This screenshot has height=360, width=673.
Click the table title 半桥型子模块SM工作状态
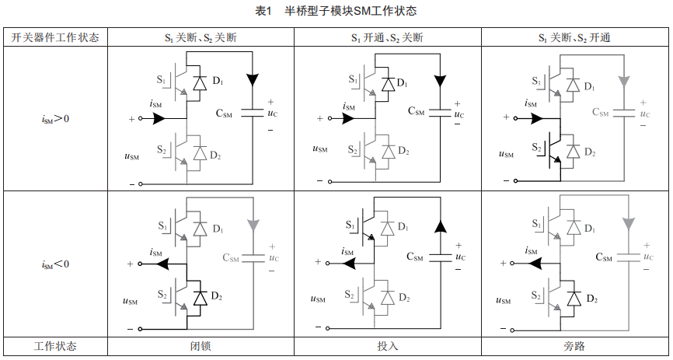click(350, 12)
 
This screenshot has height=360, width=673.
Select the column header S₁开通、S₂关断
click(387, 37)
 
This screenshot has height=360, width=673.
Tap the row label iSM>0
click(55, 119)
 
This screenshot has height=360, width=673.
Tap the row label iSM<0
click(55, 264)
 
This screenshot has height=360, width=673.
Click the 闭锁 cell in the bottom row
click(201, 347)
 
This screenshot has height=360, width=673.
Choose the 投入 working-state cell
click(387, 347)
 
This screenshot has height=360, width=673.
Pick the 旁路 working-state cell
click(574, 347)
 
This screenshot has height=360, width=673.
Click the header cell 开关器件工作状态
click(55, 37)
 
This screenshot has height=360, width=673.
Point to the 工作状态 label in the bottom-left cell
click(55, 347)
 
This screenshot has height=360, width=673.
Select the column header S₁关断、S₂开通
click(574, 37)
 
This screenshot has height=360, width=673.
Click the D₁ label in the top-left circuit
click(218, 82)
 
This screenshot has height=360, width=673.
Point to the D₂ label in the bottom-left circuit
click(218, 299)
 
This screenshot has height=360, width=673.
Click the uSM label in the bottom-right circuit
click(504, 299)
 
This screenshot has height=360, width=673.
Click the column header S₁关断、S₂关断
click(201, 37)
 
